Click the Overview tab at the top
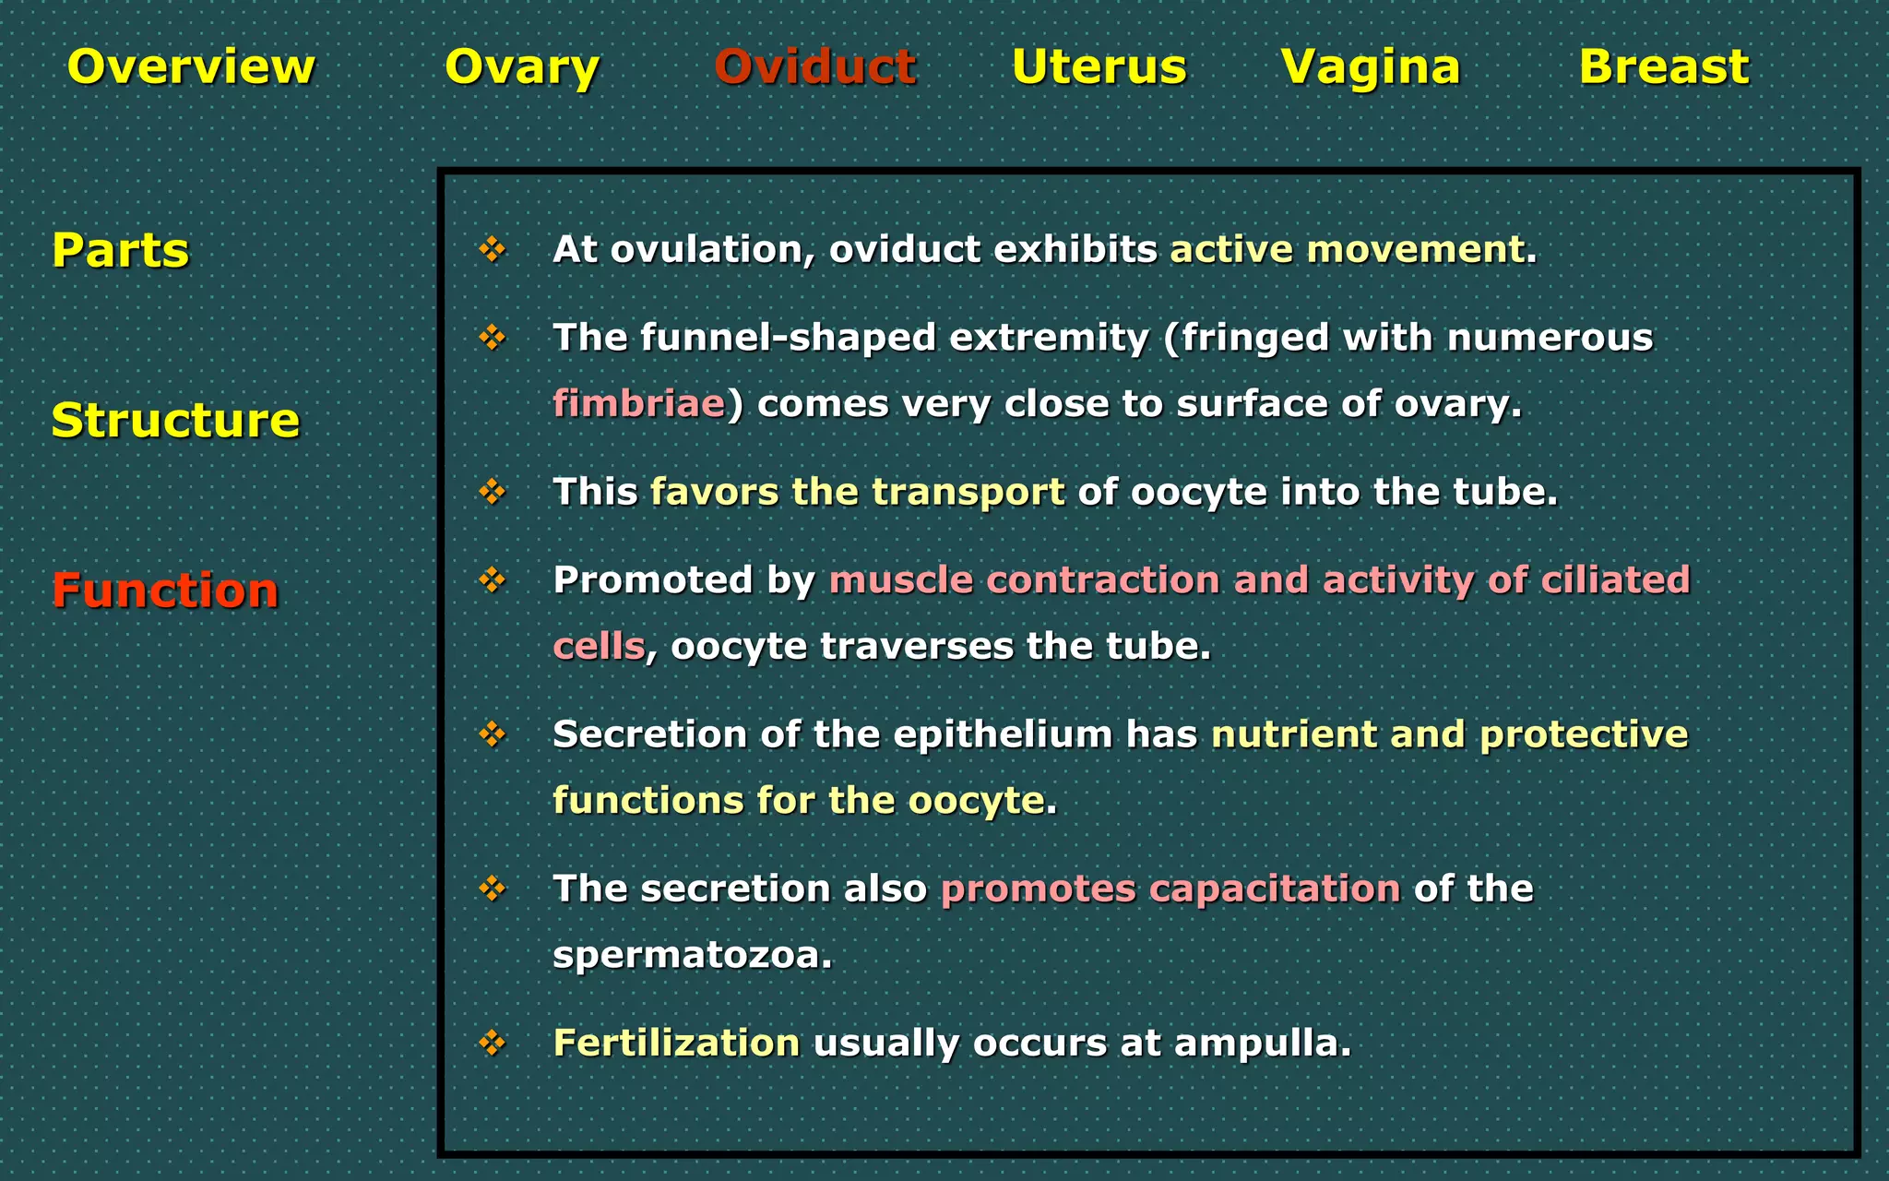click(x=191, y=67)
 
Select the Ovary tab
click(x=522, y=67)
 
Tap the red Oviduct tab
click(x=815, y=67)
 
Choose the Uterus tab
click(x=1099, y=67)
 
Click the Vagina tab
click(x=1371, y=67)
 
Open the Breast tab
click(x=1664, y=67)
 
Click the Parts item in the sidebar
click(x=120, y=250)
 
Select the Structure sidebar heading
click(x=175, y=420)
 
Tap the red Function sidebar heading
click(x=164, y=590)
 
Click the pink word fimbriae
click(x=638, y=404)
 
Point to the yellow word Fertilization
click(x=676, y=1044)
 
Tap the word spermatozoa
click(x=692, y=955)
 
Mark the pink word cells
click(x=598, y=646)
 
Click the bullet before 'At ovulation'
click(x=493, y=249)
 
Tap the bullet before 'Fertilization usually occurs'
click(x=493, y=1044)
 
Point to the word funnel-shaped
click(x=789, y=338)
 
